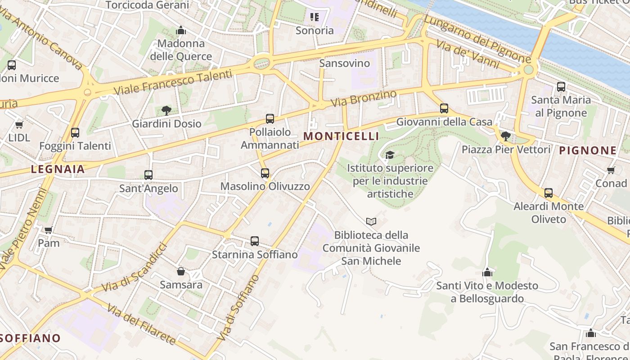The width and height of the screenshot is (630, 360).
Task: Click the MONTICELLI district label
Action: coord(341,136)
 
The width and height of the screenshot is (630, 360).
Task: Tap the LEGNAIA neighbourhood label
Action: coord(58,169)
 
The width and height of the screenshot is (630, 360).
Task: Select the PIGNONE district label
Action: coord(588,151)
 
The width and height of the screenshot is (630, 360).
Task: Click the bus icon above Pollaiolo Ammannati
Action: coord(270,119)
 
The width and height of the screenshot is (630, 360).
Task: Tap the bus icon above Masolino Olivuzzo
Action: coord(265,173)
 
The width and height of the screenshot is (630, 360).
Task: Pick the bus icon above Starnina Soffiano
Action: coord(255,241)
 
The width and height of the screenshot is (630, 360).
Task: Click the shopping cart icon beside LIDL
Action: coord(19,125)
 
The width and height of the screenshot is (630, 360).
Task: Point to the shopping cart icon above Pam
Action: coord(49,230)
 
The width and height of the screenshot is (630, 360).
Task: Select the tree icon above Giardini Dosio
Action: coord(166,110)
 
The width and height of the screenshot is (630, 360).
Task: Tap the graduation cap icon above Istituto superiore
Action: coord(390,155)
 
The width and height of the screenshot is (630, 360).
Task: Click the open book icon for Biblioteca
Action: coord(371,221)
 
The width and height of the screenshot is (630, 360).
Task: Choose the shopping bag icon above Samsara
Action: coord(181,271)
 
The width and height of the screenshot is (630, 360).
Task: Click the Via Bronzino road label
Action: coord(364,98)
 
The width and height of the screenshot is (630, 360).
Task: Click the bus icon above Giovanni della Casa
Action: coord(444,108)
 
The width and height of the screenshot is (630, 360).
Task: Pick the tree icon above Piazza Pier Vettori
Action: coord(506,136)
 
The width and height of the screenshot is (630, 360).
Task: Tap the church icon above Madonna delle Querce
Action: coord(181,31)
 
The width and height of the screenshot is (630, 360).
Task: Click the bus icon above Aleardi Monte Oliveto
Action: coord(549,193)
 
